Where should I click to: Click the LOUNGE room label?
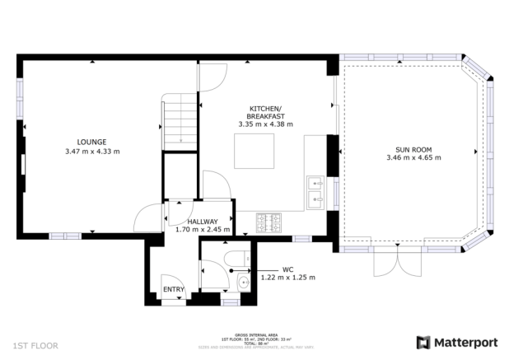91,142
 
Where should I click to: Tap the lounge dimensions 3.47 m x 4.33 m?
91,152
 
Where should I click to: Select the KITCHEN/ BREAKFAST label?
265,113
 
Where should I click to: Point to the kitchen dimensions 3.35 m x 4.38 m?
265,124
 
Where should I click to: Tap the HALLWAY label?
202,222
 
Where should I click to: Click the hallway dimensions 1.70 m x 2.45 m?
202,230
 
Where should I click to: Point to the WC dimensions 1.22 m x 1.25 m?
287,278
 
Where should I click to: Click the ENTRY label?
174,289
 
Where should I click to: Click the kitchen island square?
252,152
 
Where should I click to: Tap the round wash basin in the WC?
243,284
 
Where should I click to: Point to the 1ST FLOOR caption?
35,346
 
